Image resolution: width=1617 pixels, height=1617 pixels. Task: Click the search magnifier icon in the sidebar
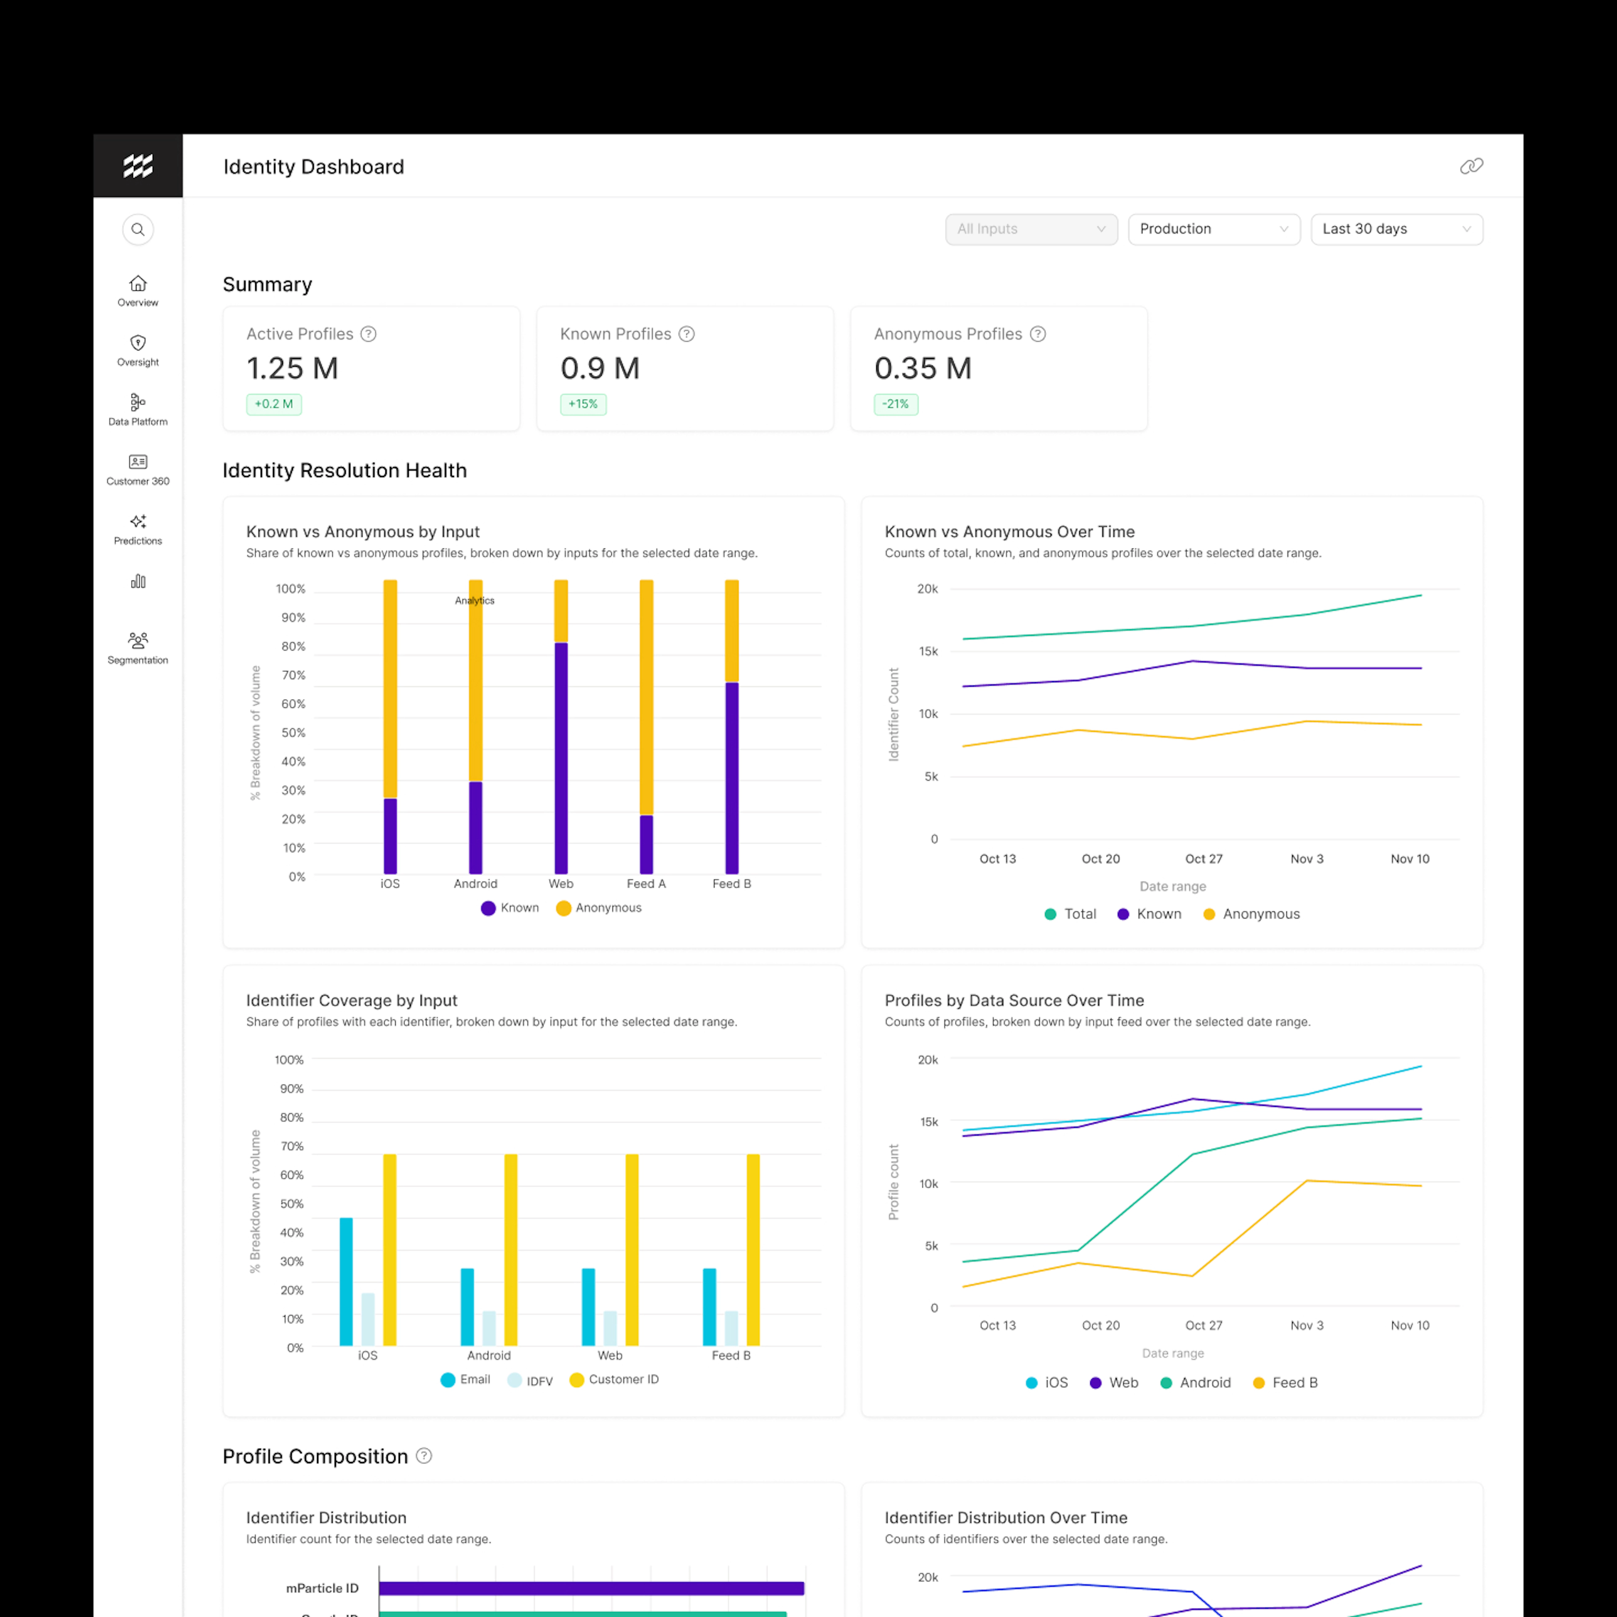(138, 229)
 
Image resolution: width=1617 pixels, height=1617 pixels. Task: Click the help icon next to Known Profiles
(686, 334)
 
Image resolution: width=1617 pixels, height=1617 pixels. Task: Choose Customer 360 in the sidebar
(138, 470)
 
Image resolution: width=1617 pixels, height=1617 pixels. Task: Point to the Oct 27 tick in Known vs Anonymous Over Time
(1203, 859)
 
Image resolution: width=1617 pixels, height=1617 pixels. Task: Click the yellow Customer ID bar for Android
(510, 1249)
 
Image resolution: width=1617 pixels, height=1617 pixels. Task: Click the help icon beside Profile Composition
(424, 1455)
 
